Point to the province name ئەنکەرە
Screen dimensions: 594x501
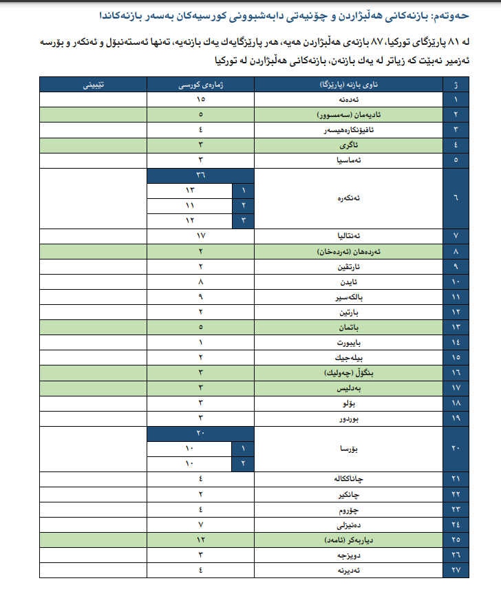click(x=348, y=198)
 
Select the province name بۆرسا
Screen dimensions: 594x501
click(x=348, y=448)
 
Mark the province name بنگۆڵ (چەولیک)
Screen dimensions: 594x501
click(x=348, y=372)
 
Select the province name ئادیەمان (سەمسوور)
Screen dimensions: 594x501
click(x=348, y=114)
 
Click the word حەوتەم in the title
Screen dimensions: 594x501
click(x=473, y=14)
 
